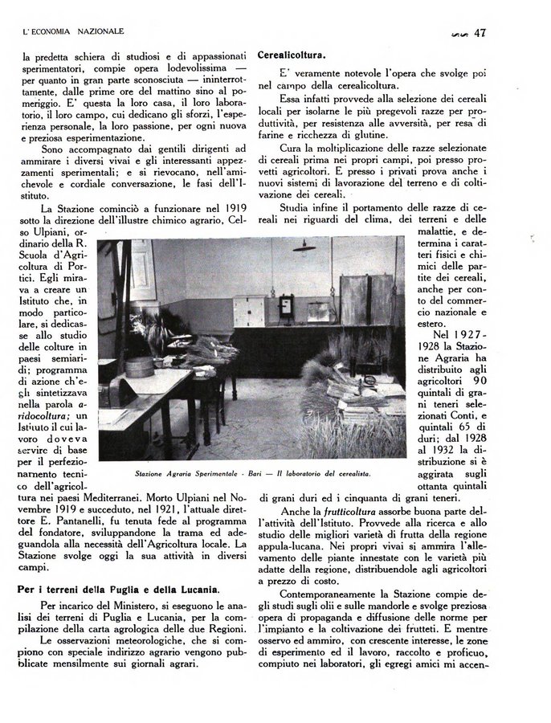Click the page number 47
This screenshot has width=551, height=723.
[x=482, y=33]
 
